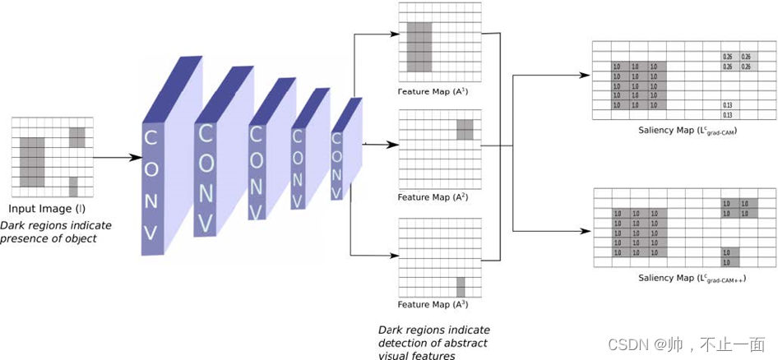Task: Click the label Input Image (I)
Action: click(50, 209)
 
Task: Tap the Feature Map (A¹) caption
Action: click(433, 91)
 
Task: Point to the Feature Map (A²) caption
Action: click(433, 197)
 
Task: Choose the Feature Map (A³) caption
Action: click(433, 304)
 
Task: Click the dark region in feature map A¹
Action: click(419, 47)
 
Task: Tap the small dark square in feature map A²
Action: click(465, 129)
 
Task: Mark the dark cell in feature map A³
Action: click(461, 287)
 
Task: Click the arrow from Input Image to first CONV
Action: click(115, 156)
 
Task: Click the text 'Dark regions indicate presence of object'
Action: click(55, 232)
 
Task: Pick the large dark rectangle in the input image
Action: click(32, 162)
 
